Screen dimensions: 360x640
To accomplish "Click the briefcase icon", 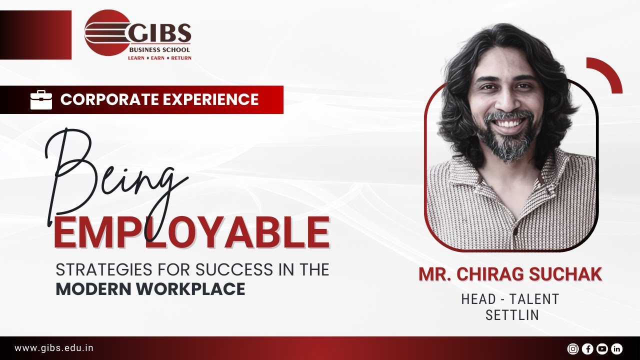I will pos(41,99).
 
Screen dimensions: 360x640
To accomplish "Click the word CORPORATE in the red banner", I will pos(103,99).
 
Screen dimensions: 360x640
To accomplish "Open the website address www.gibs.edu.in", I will pos(54,348).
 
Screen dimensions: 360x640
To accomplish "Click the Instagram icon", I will pos(573,349).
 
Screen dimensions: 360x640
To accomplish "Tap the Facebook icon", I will pos(587,349).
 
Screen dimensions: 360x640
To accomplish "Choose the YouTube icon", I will pos(602,349).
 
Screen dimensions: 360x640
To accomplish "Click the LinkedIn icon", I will pos(616,349).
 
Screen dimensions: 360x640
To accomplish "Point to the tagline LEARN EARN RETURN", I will pos(160,58).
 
